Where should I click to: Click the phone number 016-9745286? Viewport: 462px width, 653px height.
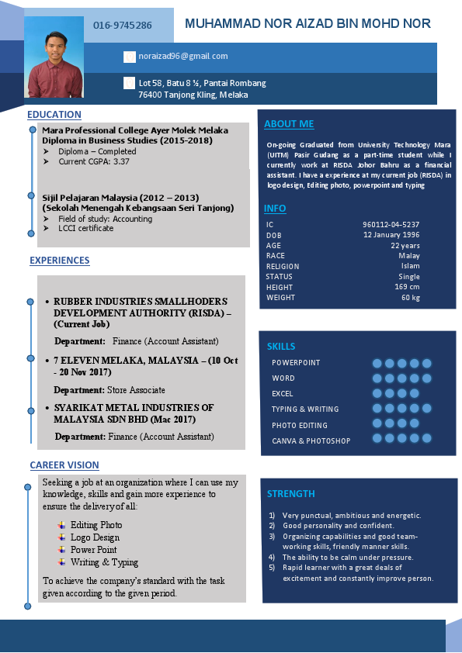coord(123,26)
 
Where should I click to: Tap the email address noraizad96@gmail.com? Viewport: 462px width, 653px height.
coord(182,56)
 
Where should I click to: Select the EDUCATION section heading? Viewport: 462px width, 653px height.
coord(54,115)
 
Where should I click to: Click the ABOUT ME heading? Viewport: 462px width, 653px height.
coord(289,124)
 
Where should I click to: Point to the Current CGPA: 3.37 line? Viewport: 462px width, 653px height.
coord(94,162)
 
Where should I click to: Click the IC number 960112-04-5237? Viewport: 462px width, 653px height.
coord(391,224)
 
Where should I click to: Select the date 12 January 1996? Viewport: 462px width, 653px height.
coord(391,235)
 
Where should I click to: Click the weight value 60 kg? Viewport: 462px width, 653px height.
coord(410,298)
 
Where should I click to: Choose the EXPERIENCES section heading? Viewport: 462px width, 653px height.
coord(60,261)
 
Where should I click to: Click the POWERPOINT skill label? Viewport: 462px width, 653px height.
coord(296,363)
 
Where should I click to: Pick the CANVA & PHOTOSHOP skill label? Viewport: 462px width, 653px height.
coord(311,441)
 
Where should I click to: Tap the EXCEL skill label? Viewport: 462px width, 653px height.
coord(283,394)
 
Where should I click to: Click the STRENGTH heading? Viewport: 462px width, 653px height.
coord(291,494)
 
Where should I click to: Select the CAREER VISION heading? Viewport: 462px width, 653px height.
coord(64,465)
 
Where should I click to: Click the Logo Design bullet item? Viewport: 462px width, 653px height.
coord(95,537)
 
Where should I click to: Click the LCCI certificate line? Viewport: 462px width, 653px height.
coord(85,228)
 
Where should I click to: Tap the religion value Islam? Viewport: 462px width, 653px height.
coord(410,266)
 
